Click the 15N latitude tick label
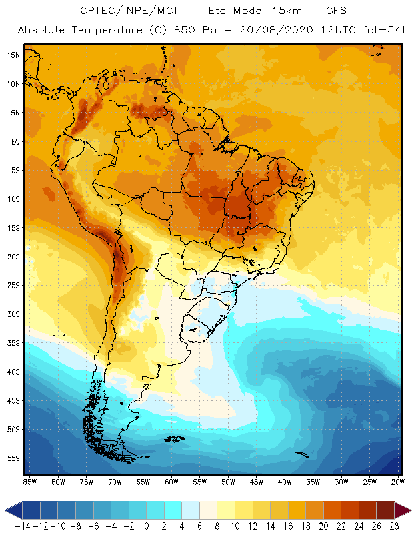(x=13, y=55)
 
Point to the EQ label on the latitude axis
(x=14, y=141)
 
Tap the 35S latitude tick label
(x=13, y=343)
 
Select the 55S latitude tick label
(x=13, y=458)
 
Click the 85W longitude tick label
(x=29, y=482)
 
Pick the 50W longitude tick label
(x=228, y=482)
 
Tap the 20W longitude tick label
(x=398, y=482)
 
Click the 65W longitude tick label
(x=143, y=482)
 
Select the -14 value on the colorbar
(x=23, y=526)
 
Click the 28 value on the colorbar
(x=394, y=526)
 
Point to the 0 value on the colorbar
(x=146, y=526)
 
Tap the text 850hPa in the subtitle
(x=210, y=31)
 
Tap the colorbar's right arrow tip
(x=408, y=510)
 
